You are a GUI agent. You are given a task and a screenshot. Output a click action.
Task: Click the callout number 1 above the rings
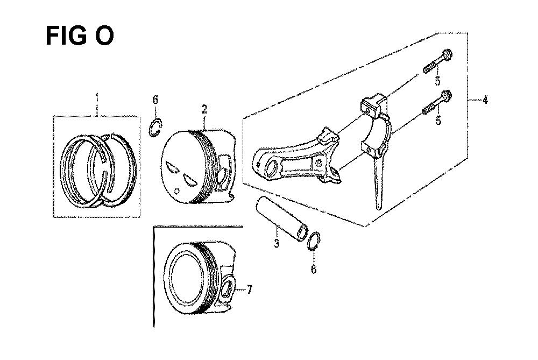(x=97, y=97)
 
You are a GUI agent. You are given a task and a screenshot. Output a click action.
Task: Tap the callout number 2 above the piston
(x=204, y=109)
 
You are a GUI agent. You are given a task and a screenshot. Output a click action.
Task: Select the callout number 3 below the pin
(x=277, y=243)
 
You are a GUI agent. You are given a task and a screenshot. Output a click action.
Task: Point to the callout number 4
(x=485, y=100)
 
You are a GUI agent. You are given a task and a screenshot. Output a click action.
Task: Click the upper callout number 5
(x=437, y=81)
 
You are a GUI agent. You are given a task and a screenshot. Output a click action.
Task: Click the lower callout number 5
(x=438, y=121)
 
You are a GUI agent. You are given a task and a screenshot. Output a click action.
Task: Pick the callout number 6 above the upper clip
(x=155, y=100)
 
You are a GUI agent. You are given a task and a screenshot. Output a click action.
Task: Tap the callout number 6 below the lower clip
(x=314, y=270)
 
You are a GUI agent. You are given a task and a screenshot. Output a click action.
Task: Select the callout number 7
(x=250, y=290)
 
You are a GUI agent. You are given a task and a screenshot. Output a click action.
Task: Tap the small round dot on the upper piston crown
(x=177, y=190)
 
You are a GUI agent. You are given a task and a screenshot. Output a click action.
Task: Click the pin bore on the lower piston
(x=226, y=288)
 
